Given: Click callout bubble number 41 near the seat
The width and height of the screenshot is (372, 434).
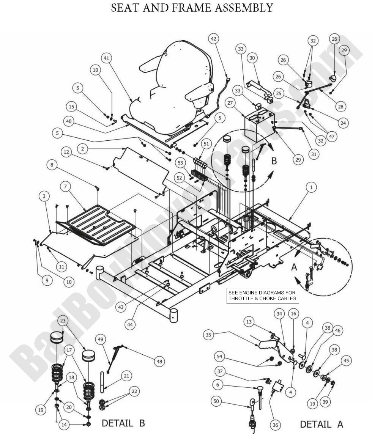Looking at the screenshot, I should click(107, 58).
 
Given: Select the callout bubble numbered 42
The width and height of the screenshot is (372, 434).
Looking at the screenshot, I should click(214, 39).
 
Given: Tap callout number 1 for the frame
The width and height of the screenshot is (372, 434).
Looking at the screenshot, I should click(311, 187).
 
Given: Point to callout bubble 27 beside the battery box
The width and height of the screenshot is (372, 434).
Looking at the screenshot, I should click(240, 103).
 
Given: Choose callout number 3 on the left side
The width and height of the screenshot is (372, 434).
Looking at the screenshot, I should click(44, 196).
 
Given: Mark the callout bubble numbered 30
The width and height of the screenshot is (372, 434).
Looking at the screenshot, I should click(252, 58).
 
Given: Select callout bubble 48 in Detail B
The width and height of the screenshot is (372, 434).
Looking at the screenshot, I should click(159, 361).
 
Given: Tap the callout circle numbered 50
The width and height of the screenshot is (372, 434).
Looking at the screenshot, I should click(216, 401).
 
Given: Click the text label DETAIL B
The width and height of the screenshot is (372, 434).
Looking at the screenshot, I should click(123, 423).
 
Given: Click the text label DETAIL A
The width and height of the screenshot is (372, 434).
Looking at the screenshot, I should click(322, 424).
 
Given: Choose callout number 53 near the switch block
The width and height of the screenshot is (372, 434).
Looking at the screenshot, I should click(180, 163).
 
